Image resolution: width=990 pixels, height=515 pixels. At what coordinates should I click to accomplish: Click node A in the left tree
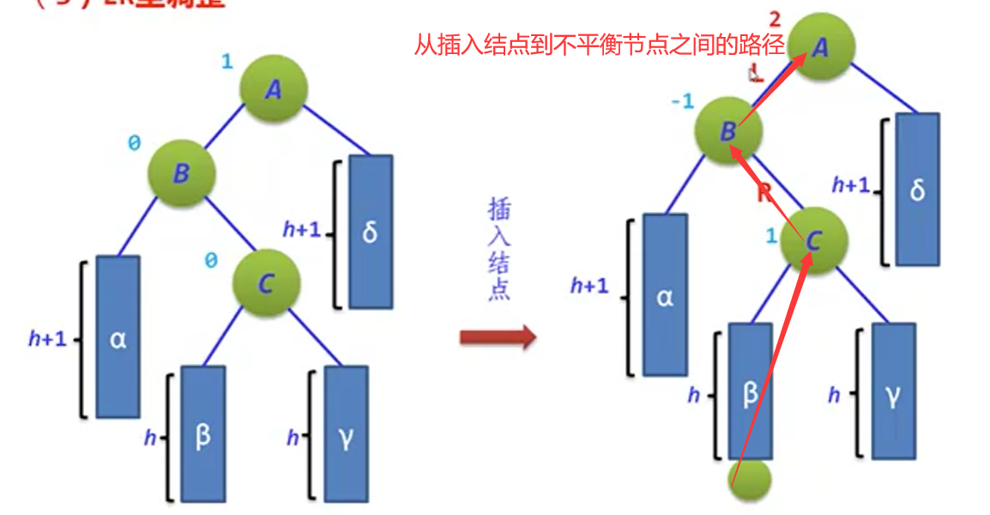[273, 89]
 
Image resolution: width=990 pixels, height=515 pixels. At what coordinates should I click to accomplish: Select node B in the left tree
[181, 173]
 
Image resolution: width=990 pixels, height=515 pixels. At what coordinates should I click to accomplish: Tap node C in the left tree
[266, 283]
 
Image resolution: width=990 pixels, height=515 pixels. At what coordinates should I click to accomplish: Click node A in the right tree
[820, 48]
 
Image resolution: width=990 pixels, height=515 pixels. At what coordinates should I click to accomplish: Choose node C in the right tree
[813, 242]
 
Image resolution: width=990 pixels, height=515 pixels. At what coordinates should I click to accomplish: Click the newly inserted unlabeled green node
[750, 480]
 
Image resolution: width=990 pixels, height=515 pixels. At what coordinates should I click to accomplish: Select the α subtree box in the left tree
[118, 336]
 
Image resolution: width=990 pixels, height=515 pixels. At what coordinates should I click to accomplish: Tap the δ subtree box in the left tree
[371, 232]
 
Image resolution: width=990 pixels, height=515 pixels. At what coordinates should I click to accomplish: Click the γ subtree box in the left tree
[346, 434]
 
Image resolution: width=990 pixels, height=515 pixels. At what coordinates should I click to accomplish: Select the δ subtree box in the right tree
[917, 189]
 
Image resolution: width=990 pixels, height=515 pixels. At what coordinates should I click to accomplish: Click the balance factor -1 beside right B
[682, 102]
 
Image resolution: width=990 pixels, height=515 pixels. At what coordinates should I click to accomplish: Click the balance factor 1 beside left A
[226, 63]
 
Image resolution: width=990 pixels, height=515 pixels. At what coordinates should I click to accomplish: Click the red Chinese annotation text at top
[600, 45]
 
